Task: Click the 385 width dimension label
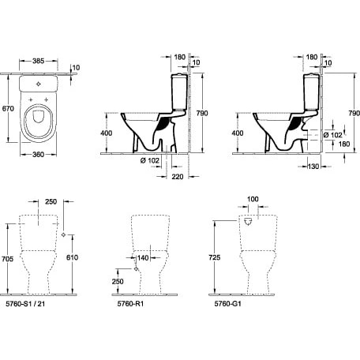pyautogui.click(x=39, y=61)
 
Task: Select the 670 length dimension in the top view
pyautogui.click(x=8, y=108)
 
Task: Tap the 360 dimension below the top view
pyautogui.click(x=39, y=155)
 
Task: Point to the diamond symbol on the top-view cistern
pyautogui.click(x=39, y=84)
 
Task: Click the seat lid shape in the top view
pyautogui.click(x=38, y=117)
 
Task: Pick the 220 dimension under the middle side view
pyautogui.click(x=178, y=177)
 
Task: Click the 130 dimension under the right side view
pyautogui.click(x=313, y=167)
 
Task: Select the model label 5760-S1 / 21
pyautogui.click(x=25, y=304)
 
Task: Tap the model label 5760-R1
pyautogui.click(x=130, y=304)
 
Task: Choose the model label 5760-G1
pyautogui.click(x=228, y=304)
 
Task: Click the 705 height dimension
pyautogui.click(x=7, y=259)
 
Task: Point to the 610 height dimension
pyautogui.click(x=72, y=257)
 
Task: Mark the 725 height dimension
pyautogui.click(x=215, y=257)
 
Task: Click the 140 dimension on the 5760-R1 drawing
pyautogui.click(x=143, y=258)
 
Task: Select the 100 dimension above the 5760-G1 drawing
pyautogui.click(x=253, y=199)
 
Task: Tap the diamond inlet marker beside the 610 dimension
pyautogui.click(x=63, y=234)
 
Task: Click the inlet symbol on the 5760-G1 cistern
pyautogui.click(x=248, y=222)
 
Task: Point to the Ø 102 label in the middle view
pyautogui.click(x=150, y=160)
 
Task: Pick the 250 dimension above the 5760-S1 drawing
pyautogui.click(x=51, y=201)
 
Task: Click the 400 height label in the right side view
pyautogui.click(x=238, y=133)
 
